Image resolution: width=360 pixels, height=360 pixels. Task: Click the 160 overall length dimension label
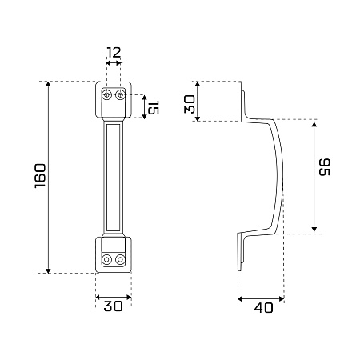click(40, 176)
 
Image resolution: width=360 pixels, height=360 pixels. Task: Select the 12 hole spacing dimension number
click(114, 53)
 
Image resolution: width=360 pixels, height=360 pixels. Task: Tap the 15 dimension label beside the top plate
click(154, 107)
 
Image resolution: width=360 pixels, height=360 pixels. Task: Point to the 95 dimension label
click(325, 167)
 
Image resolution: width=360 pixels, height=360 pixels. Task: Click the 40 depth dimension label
click(263, 308)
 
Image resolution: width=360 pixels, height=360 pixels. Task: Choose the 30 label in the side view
click(190, 105)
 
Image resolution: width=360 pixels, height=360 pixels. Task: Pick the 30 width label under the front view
click(113, 306)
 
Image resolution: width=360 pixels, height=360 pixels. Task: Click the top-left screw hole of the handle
click(106, 94)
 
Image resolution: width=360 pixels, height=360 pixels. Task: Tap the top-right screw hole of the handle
click(120, 94)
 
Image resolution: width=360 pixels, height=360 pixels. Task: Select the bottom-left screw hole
click(106, 259)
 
